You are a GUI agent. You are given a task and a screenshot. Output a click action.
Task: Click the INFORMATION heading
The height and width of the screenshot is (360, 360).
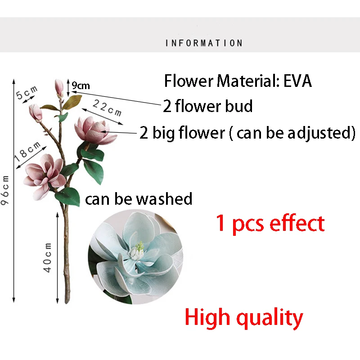point(204,43)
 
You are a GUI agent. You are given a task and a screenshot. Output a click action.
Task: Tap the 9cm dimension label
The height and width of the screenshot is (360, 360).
point(81,85)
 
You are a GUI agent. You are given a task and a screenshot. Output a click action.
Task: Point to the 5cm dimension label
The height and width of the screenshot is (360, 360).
point(27,92)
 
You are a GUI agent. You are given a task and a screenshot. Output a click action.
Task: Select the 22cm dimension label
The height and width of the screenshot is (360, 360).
point(107,108)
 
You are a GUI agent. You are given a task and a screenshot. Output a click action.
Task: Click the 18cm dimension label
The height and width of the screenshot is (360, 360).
point(27,151)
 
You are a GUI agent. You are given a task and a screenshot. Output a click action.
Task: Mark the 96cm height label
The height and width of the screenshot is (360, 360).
point(5,190)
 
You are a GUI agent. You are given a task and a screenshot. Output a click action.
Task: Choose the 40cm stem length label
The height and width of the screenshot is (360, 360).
point(48,257)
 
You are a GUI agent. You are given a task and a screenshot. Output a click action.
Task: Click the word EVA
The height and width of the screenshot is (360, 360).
point(297,81)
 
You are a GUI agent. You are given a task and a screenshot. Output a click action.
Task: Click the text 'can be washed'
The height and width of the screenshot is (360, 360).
point(139,199)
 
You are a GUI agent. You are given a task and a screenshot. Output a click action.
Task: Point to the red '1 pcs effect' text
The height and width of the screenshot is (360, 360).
point(270,223)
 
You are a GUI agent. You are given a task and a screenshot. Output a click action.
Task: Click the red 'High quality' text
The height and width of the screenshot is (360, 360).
point(244,318)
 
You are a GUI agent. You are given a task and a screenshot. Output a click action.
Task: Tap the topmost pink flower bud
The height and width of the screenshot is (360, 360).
point(59,88)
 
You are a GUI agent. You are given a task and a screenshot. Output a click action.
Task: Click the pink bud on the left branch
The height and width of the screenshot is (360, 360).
point(36,112)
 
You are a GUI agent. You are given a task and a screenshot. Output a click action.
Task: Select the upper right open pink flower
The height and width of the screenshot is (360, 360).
point(95,130)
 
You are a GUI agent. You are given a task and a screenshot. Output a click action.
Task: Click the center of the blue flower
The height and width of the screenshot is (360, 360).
point(137,251)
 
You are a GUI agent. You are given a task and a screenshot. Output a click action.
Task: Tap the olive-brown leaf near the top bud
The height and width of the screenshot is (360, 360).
point(72,102)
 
